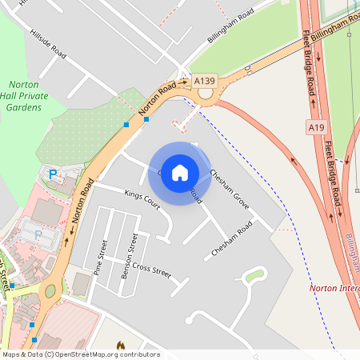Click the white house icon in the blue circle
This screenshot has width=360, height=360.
point(180,172)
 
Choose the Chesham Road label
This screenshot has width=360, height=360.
point(232,238)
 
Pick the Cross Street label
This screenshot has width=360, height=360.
point(152,269)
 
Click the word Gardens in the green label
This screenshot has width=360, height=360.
point(24,106)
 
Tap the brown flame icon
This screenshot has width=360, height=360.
point(121,346)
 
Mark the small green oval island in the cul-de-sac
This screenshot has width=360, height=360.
point(254,276)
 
